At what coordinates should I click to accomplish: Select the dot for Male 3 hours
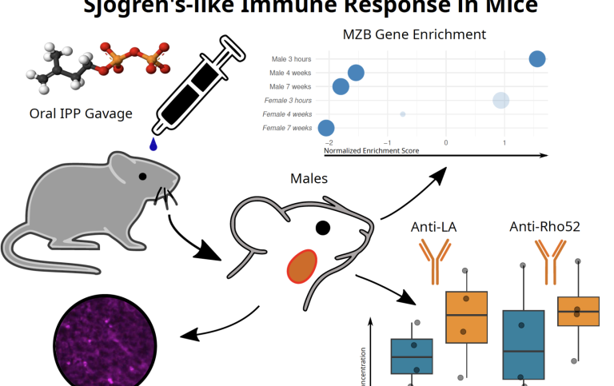537,58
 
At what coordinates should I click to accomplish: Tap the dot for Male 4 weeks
356,73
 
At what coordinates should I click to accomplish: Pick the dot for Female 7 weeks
326,128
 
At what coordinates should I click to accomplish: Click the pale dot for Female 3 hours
501,100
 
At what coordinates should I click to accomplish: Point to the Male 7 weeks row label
290,86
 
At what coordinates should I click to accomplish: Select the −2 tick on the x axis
329,142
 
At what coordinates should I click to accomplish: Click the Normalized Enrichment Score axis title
371,150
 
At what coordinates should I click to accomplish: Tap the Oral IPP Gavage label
80,113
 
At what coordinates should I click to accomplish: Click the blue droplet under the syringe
153,144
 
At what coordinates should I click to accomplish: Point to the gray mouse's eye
142,176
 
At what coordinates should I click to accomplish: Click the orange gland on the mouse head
302,267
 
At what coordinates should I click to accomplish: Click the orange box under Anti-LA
466,317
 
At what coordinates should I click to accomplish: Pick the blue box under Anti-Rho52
524,344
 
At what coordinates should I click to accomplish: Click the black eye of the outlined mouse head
322,228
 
